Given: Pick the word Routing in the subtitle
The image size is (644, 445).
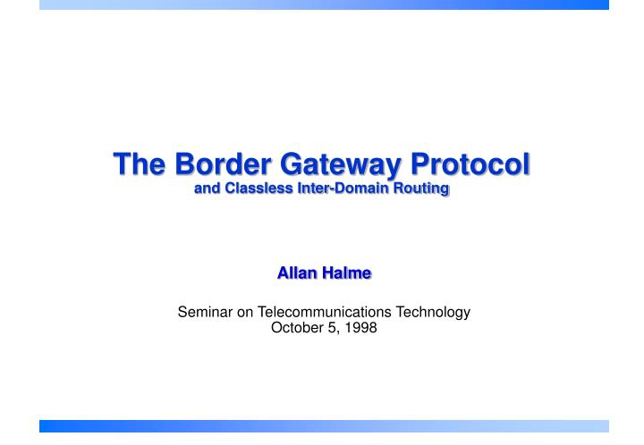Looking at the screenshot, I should [424, 190].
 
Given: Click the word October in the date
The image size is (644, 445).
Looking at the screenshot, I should [293, 328].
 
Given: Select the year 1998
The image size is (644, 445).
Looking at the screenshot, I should [361, 328].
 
